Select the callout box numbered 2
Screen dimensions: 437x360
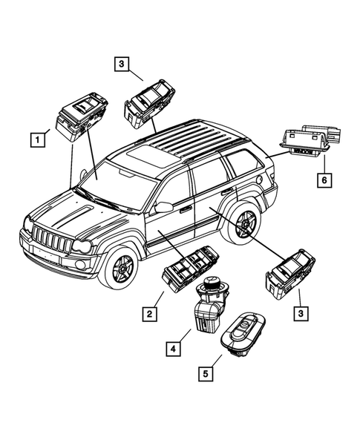click(x=150, y=315)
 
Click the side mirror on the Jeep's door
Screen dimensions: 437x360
click(x=163, y=207)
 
